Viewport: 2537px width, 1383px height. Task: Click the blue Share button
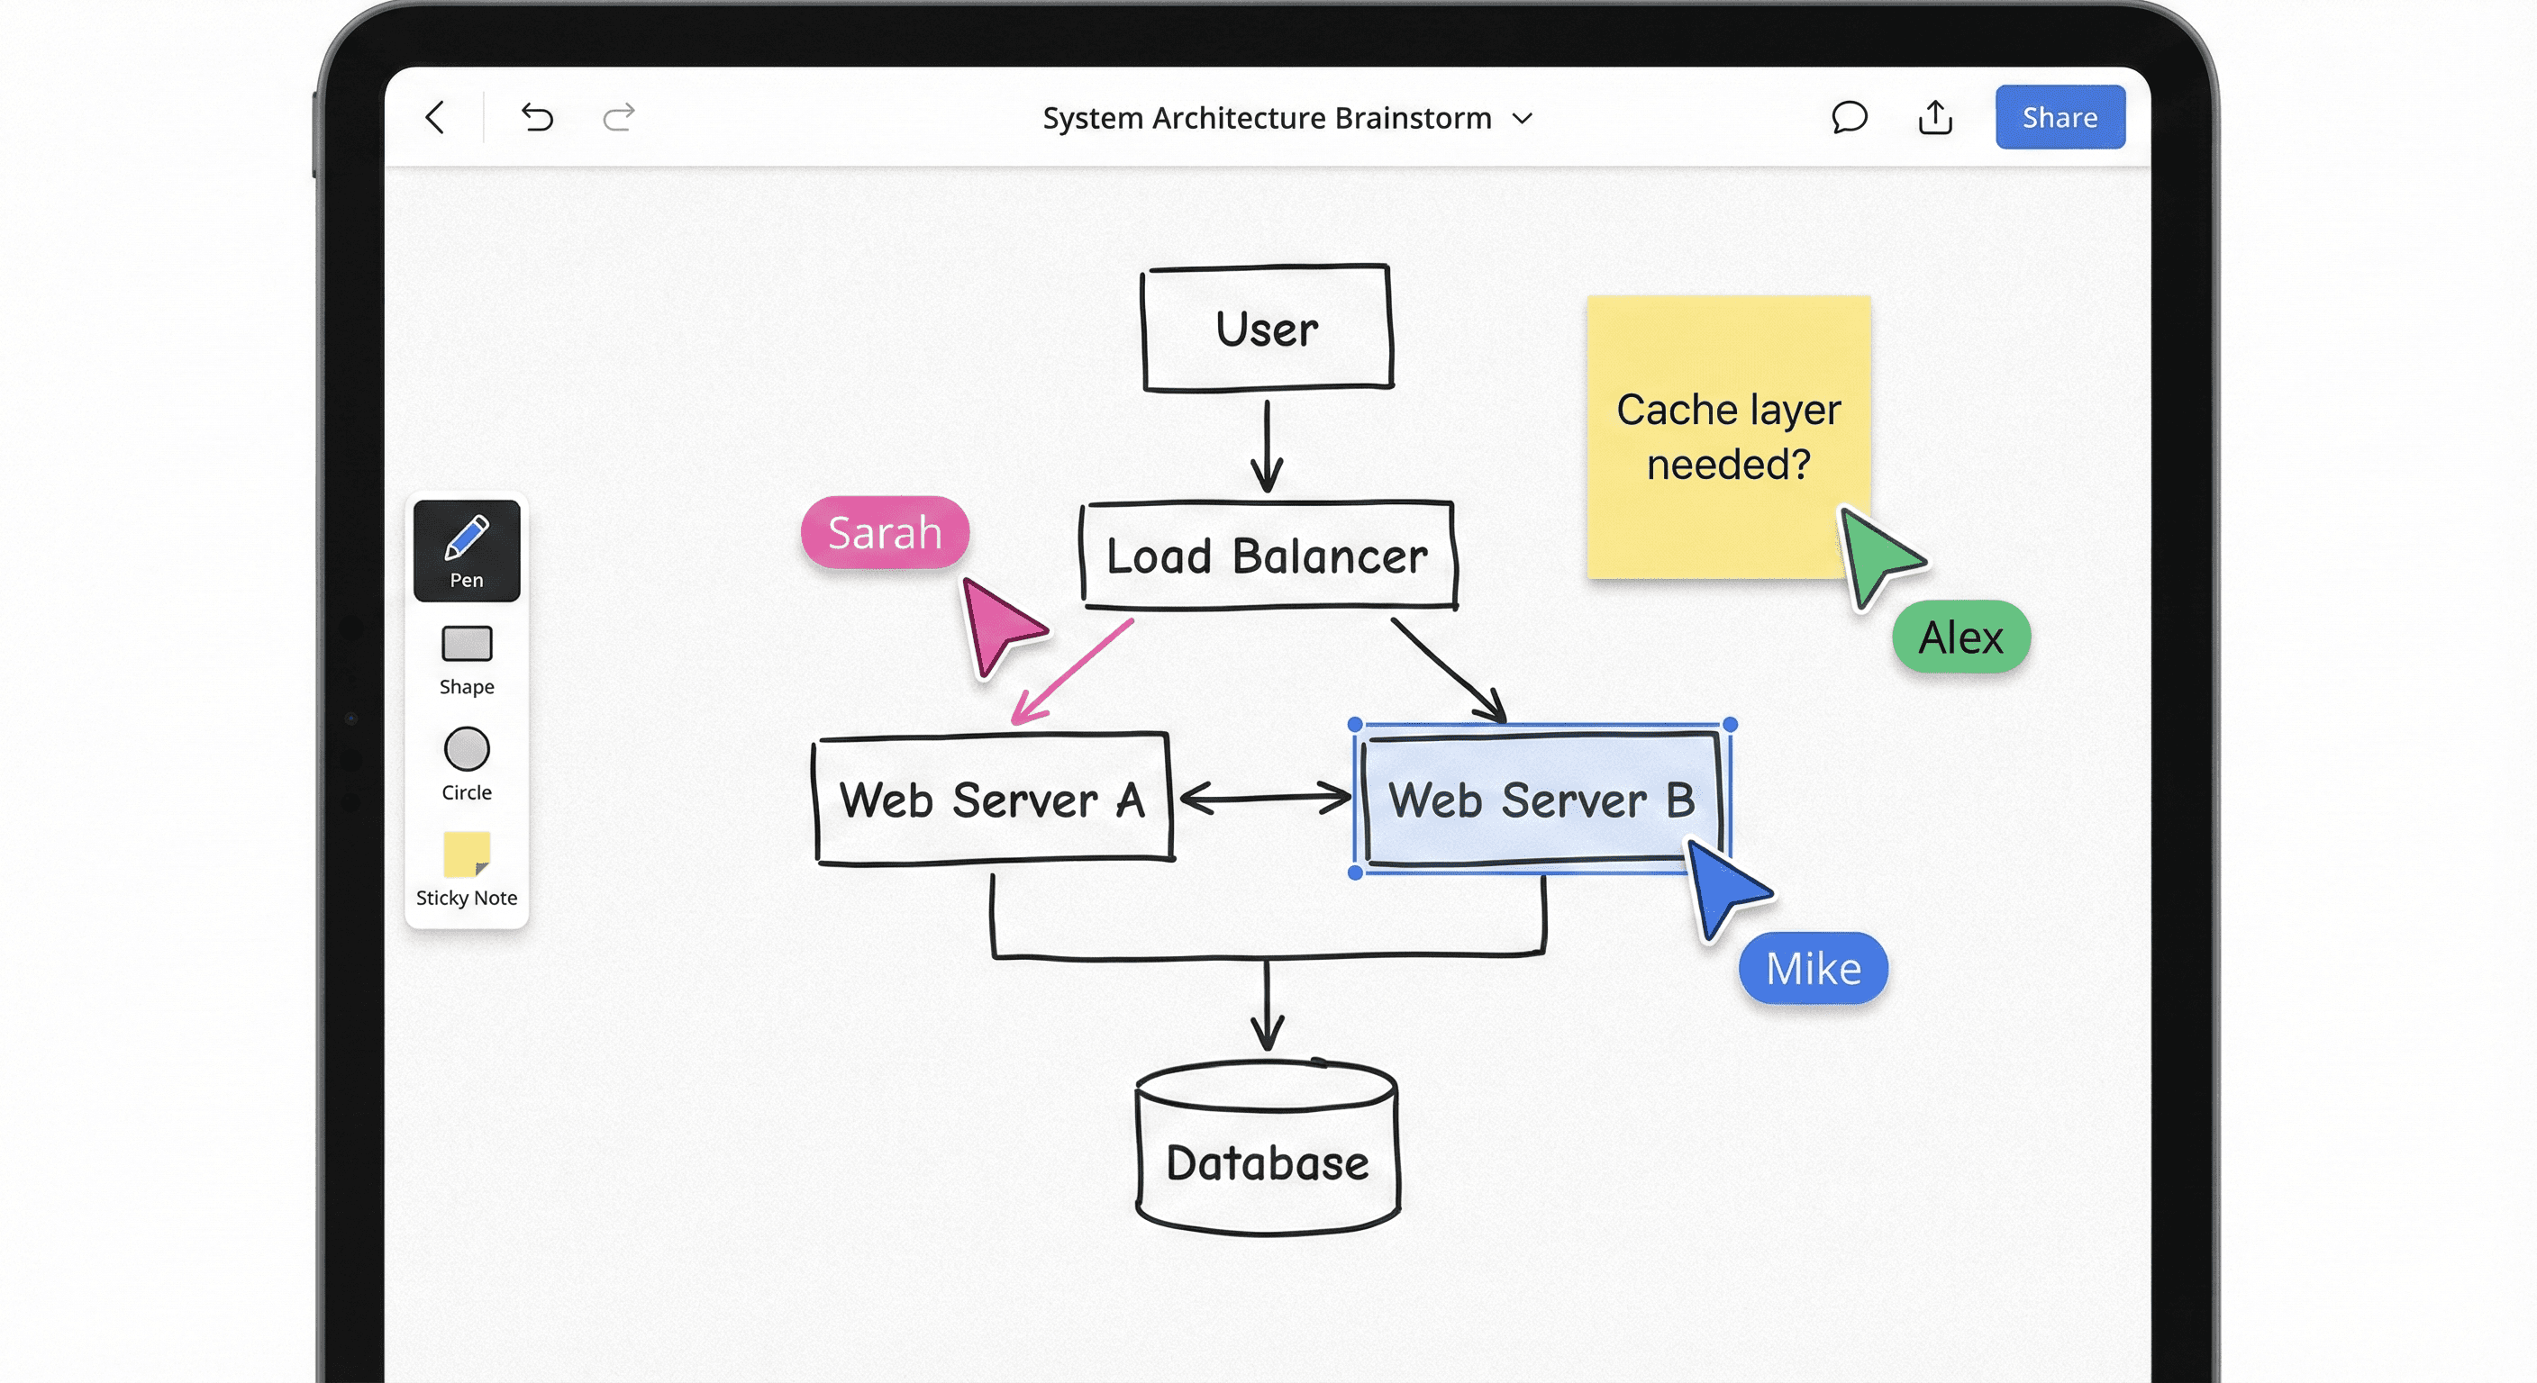[x=2060, y=117]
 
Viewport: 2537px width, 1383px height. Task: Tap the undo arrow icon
[x=537, y=118]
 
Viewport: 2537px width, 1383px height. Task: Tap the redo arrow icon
[x=619, y=118]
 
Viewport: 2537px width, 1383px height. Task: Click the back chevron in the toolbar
[x=436, y=117]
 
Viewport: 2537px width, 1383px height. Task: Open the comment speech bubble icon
[x=1849, y=117]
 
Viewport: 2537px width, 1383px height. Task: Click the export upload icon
[x=1934, y=117]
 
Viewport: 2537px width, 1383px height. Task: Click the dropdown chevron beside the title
[x=1523, y=119]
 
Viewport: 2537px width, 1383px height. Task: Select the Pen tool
[x=466, y=550]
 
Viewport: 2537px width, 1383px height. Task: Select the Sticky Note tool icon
[x=466, y=854]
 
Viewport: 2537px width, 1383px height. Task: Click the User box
[x=1267, y=328]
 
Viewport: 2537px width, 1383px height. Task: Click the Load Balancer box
[x=1267, y=556]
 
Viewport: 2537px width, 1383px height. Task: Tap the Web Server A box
[x=992, y=799]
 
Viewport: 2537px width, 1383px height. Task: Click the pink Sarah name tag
[x=885, y=532]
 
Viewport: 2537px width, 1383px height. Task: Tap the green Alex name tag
[x=1960, y=637]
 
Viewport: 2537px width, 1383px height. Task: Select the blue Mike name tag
[x=1812, y=969]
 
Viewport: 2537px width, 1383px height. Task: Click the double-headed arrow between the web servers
[x=1265, y=798]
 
